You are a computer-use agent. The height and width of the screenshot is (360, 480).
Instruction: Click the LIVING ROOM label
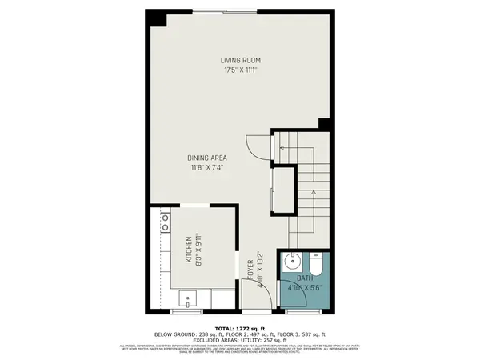pyautogui.click(x=241, y=61)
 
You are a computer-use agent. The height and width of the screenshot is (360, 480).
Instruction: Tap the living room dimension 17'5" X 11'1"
pyautogui.click(x=241, y=70)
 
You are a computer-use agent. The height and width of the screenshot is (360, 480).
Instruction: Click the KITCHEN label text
pyautogui.click(x=190, y=250)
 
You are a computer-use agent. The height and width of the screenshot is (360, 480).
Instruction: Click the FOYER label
pyautogui.click(x=250, y=269)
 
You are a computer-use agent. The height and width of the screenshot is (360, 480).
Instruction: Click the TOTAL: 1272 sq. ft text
pyautogui.click(x=239, y=328)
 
